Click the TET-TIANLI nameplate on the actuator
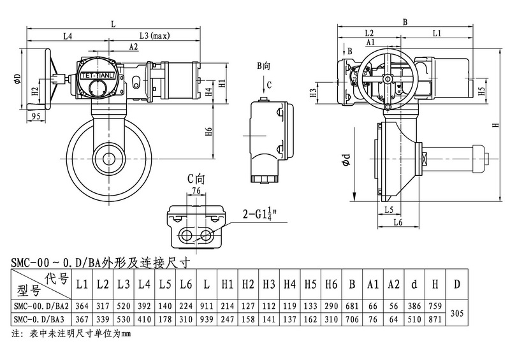tap(97, 76)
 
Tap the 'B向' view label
tap(264, 66)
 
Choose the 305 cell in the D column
tap(456, 312)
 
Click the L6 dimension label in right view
tap(398, 222)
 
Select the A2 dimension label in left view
tap(134, 47)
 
